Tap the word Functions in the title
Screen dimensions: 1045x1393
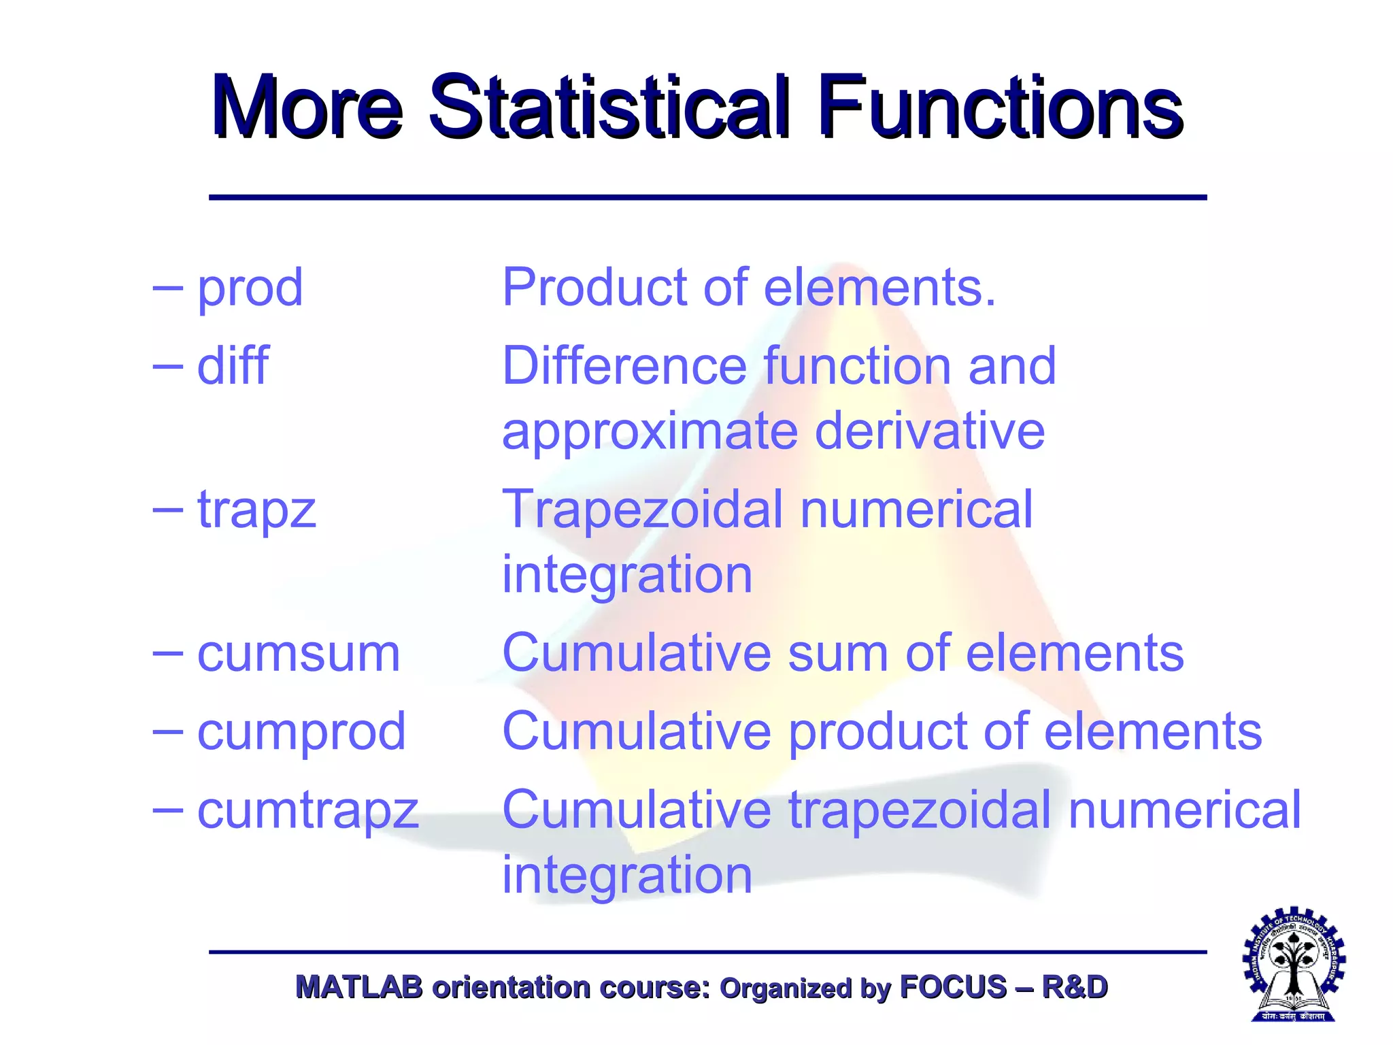click(1000, 107)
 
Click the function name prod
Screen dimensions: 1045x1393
click(250, 288)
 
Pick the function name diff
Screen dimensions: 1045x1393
click(233, 366)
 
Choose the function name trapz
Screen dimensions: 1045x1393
click(256, 510)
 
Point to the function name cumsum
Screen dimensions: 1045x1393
click(299, 653)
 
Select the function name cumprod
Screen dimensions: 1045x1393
click(301, 732)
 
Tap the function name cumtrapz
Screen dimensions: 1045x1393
click(307, 811)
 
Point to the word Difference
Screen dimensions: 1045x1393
click(624, 366)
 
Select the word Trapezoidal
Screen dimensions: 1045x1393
click(642, 510)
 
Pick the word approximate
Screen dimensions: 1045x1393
click(650, 433)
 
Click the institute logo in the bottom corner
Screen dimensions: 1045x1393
click(1294, 963)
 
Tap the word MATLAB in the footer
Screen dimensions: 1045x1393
click(358, 987)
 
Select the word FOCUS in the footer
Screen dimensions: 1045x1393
click(953, 987)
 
